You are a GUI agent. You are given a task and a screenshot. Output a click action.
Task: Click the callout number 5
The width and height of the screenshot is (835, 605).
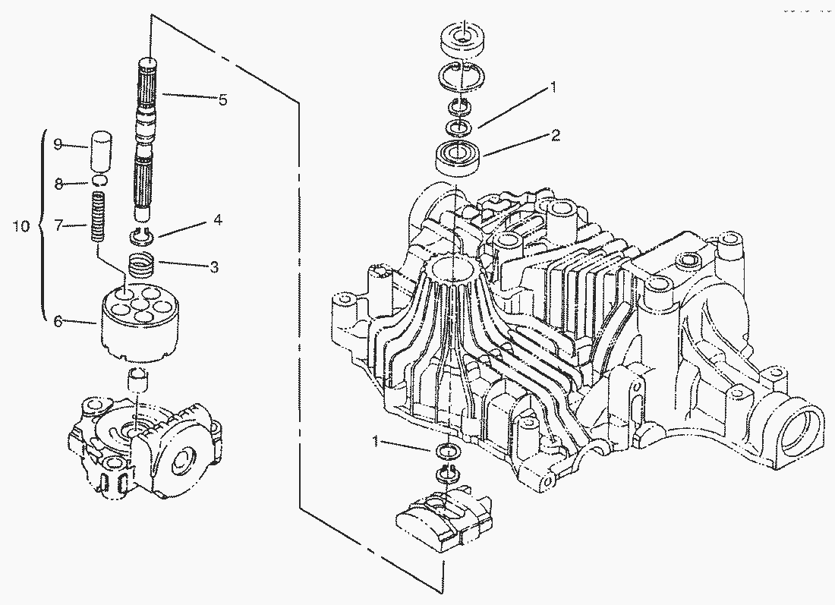(x=222, y=99)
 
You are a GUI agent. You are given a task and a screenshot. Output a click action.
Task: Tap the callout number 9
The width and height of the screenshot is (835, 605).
(x=58, y=143)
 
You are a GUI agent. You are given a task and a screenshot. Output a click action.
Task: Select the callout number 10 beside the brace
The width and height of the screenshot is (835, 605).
(x=21, y=225)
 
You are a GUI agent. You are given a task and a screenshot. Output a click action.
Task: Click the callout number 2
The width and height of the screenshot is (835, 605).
(x=556, y=135)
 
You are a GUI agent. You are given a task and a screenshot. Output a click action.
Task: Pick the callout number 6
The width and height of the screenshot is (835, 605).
(x=58, y=322)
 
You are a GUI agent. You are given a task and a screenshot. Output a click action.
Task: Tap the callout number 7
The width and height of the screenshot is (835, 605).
(x=58, y=225)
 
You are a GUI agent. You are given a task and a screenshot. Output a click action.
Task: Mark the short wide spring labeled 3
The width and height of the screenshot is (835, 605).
(x=142, y=264)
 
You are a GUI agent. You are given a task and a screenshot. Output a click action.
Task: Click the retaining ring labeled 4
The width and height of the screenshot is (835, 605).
(x=142, y=235)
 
